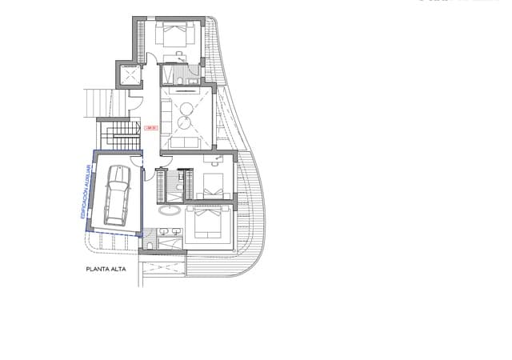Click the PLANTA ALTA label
point(106,270)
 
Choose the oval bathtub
point(170,212)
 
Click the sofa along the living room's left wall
point(166,115)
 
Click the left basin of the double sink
point(165,232)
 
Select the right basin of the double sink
point(177,232)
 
